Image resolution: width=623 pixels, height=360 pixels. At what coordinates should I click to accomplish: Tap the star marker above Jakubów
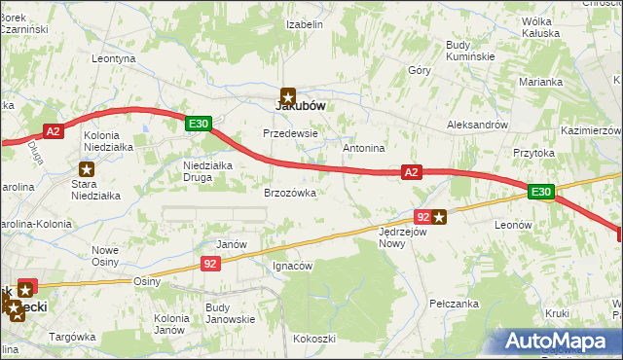pyautogui.click(x=289, y=94)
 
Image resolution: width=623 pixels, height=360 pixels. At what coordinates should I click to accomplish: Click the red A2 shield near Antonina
pyautogui.click(x=412, y=172)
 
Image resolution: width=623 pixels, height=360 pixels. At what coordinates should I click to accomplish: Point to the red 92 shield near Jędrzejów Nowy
pyautogui.click(x=421, y=217)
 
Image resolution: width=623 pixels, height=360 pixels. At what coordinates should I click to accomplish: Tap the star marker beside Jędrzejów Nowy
pyautogui.click(x=440, y=217)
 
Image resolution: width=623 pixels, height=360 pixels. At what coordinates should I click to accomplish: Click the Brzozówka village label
pyautogui.click(x=290, y=194)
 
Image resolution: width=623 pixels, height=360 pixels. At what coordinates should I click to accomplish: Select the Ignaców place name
pyautogui.click(x=292, y=265)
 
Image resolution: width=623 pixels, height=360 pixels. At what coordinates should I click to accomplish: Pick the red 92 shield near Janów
pyautogui.click(x=211, y=263)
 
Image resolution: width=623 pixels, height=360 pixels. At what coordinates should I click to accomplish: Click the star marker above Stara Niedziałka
pyautogui.click(x=88, y=169)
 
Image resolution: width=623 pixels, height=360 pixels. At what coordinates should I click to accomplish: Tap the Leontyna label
pyautogui.click(x=113, y=58)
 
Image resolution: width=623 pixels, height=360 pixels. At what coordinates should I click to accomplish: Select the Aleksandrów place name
pyautogui.click(x=477, y=126)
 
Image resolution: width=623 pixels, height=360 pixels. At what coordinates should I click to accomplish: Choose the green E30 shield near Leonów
pyautogui.click(x=541, y=193)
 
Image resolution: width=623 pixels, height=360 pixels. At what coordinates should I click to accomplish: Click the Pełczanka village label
pyautogui.click(x=455, y=304)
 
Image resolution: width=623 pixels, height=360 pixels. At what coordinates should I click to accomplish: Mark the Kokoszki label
pyautogui.click(x=314, y=339)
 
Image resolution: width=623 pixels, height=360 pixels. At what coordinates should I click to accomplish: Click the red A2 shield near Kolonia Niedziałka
pyautogui.click(x=54, y=130)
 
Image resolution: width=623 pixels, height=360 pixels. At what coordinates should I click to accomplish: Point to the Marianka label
pyautogui.click(x=542, y=82)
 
